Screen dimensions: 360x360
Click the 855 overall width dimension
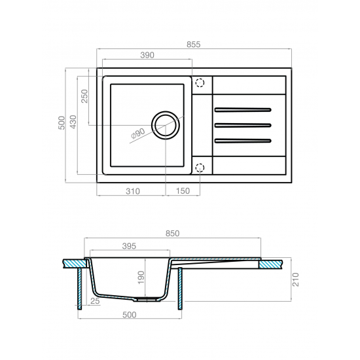[193, 45]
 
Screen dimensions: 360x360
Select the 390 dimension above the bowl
[147, 55]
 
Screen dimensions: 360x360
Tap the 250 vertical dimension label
[84, 96]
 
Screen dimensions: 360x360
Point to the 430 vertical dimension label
[73, 122]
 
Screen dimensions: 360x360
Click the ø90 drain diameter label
[137, 134]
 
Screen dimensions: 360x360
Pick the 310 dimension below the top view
[133, 191]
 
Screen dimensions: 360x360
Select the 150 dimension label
[183, 191]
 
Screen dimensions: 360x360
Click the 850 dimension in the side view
[172, 234]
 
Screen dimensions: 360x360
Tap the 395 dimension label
[129, 246]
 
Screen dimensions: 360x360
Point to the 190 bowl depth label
[141, 278]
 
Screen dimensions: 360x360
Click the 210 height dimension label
[296, 279]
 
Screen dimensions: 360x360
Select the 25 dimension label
[95, 301]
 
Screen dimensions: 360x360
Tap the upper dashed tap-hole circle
[200, 82]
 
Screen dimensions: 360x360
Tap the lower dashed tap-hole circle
[200, 168]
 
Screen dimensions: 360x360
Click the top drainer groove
[243, 110]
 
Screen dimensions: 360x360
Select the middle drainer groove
[243, 126]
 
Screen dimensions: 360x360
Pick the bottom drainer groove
[243, 141]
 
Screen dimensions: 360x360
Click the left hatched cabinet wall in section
[80, 289]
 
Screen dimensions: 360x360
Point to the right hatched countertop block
[271, 264]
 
